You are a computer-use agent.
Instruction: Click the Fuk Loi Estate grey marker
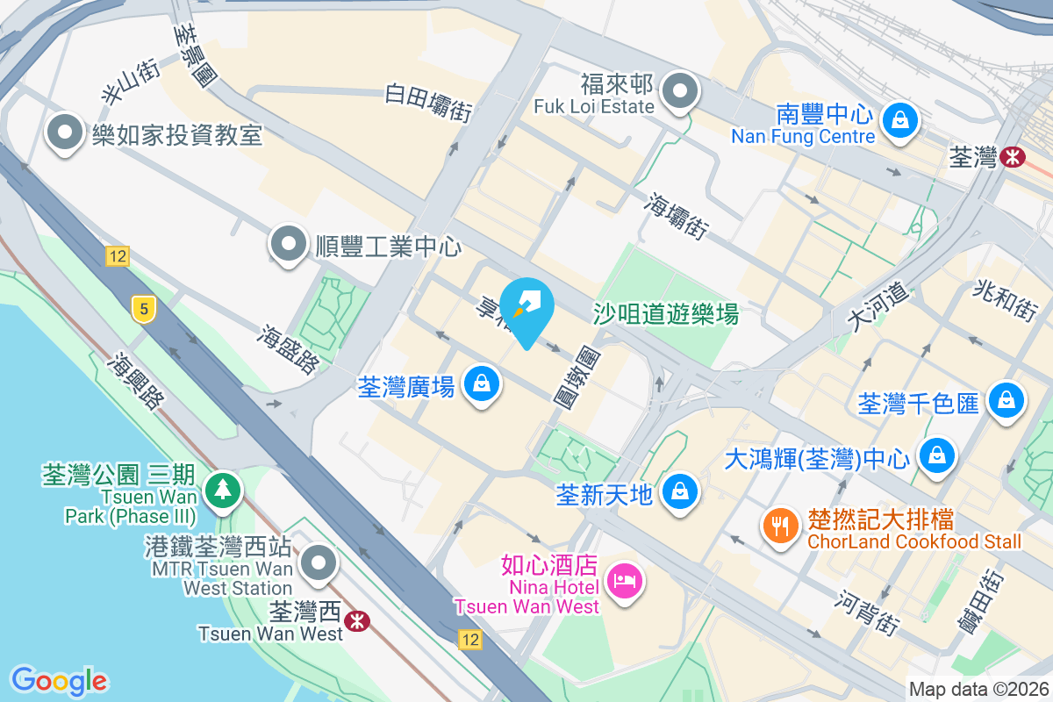click(679, 90)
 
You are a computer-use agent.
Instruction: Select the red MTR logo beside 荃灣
click(1014, 157)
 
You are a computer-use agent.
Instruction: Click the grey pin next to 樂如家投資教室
click(65, 133)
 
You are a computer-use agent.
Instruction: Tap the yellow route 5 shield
click(142, 308)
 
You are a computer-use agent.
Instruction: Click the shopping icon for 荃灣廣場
click(481, 384)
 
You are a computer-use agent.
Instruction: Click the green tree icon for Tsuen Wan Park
click(223, 489)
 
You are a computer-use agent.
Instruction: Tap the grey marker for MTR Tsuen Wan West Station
click(318, 562)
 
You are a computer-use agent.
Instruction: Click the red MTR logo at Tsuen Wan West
click(356, 620)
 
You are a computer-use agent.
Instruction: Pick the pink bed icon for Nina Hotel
click(625, 581)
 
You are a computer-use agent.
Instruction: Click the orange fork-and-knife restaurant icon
click(779, 526)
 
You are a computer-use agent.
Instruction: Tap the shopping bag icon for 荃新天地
click(680, 491)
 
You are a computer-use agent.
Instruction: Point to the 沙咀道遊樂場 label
click(665, 313)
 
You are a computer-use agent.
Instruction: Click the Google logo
click(59, 680)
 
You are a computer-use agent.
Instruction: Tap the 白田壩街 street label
click(429, 103)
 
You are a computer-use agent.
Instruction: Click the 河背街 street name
click(868, 612)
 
